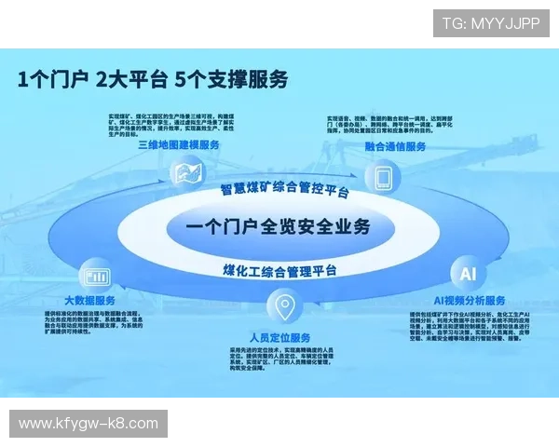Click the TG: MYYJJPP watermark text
coord(491,22)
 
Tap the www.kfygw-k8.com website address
coord(89,424)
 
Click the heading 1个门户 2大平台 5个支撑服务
coord(153,79)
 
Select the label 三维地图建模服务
coord(179,145)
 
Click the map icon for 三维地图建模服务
coord(187,172)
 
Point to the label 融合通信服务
coord(396,147)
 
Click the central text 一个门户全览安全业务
coord(278,226)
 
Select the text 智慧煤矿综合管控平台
coord(284,189)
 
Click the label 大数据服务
coord(90,300)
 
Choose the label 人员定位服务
coord(280,336)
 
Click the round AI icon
coord(467,274)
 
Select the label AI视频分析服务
coord(470,300)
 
